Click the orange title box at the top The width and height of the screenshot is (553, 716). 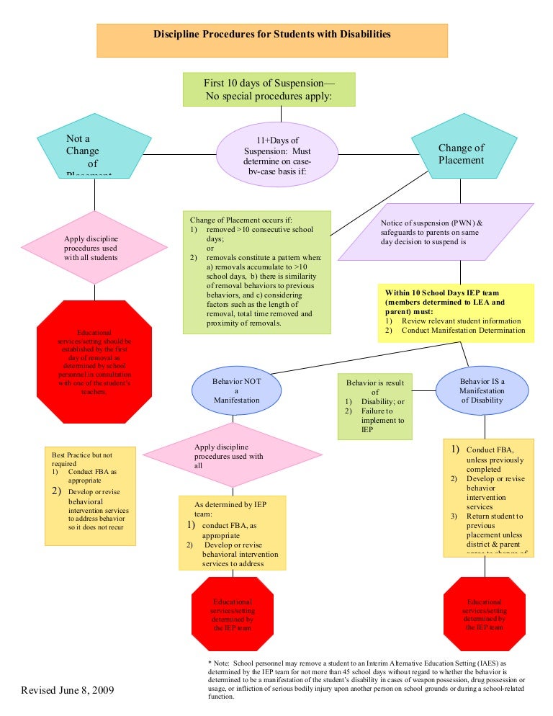point(272,40)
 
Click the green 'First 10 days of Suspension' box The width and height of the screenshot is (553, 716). point(269,89)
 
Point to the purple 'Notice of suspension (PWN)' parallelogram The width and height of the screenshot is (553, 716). point(436,232)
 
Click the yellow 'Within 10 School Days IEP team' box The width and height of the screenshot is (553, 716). point(455,312)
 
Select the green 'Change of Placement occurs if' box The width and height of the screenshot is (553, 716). point(256,272)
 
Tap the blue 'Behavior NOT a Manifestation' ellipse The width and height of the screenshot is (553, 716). point(230,389)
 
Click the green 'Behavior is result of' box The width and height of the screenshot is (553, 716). point(374,406)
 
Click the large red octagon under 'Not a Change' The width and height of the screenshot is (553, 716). point(94,363)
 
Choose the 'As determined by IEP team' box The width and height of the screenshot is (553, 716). point(232,532)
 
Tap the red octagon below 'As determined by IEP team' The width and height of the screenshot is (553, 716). point(232,612)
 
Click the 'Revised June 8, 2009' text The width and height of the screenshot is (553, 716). point(67,691)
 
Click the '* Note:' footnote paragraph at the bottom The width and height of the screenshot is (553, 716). point(366,679)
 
